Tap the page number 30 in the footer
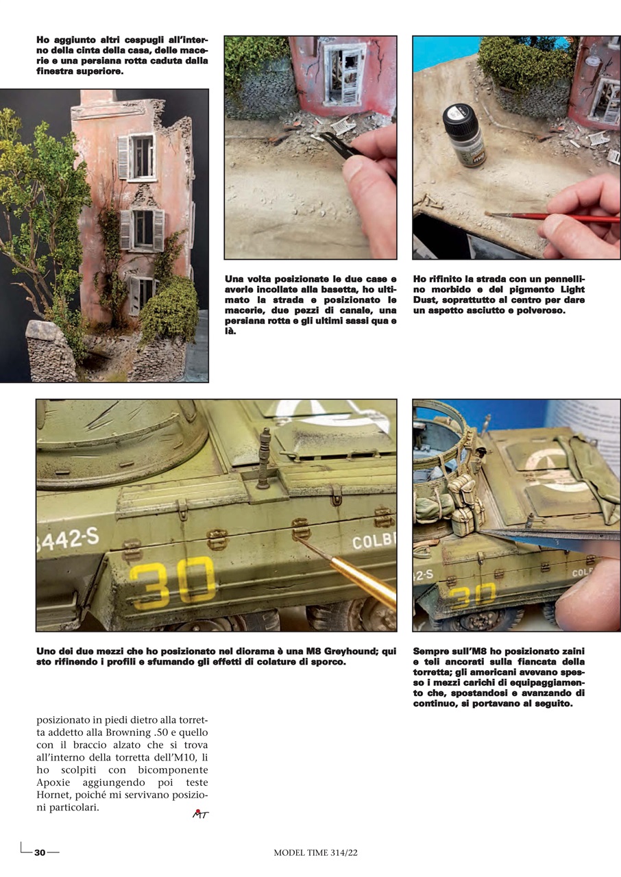coord(40,852)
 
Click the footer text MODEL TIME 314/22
coord(316,852)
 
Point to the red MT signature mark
coord(200,814)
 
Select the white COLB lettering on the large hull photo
coord(374,543)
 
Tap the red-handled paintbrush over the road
coord(548,217)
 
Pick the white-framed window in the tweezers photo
coord(343,74)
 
